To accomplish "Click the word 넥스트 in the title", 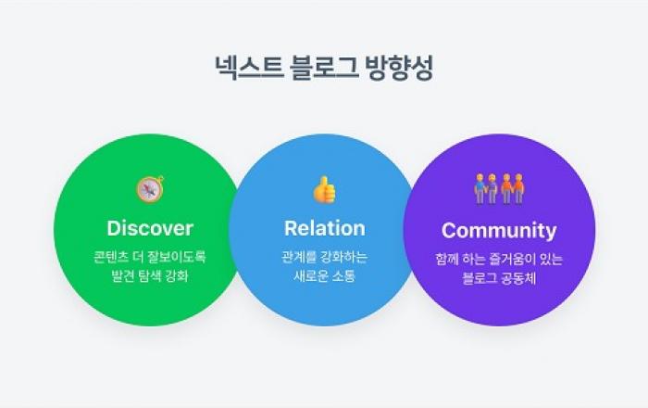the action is tap(249, 67).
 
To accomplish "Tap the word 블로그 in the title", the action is tap(324, 67).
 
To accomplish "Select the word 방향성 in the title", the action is tap(399, 67).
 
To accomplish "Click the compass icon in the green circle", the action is tap(150, 189).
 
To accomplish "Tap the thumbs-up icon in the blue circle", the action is tap(324, 190).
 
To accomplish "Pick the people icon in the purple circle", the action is tap(499, 189).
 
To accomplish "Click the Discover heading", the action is tap(150, 228).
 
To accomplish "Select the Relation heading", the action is tap(325, 228).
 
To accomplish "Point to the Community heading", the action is tap(499, 231).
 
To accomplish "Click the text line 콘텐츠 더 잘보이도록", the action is tap(150, 257).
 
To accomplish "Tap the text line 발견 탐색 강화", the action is tap(150, 275).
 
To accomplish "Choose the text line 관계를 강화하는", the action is tap(324, 257).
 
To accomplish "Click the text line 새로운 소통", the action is tap(324, 275).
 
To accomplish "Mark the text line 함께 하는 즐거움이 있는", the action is tap(499, 260).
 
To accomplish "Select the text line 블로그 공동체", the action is tap(499, 278).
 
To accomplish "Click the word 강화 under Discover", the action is tap(177, 275).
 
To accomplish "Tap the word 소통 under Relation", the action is tap(343, 275).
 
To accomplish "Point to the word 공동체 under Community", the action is tap(517, 278).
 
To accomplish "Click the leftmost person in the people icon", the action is tap(480, 189).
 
